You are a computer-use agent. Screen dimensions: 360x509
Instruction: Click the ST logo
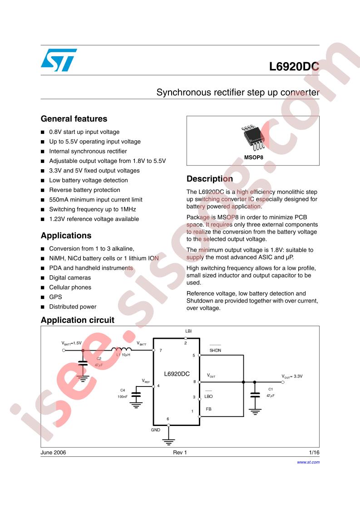(x=59, y=60)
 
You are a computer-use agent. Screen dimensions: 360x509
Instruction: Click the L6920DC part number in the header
(x=294, y=67)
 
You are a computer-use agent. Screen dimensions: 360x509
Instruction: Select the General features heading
(x=74, y=119)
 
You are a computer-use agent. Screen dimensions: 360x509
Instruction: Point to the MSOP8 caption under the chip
(x=253, y=157)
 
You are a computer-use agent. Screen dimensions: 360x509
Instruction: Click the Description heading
(x=210, y=179)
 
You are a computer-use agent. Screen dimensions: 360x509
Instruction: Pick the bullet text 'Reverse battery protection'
(x=84, y=190)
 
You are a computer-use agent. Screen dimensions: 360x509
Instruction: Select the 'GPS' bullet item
(x=55, y=297)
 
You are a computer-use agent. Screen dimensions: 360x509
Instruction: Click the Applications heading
(x=66, y=235)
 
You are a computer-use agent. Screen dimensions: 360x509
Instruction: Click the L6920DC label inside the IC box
(x=177, y=374)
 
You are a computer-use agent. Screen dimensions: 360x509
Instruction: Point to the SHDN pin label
(x=215, y=350)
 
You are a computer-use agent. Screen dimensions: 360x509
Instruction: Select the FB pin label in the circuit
(x=208, y=409)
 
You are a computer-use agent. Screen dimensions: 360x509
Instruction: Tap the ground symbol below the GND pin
(x=168, y=442)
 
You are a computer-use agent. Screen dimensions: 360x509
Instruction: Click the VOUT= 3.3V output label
(x=292, y=377)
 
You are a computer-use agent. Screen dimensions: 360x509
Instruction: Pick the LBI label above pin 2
(x=188, y=331)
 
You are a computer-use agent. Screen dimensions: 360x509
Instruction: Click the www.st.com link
(x=308, y=462)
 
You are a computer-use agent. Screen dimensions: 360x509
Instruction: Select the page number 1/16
(x=314, y=452)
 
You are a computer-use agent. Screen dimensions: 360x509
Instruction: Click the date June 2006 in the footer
(x=53, y=452)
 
